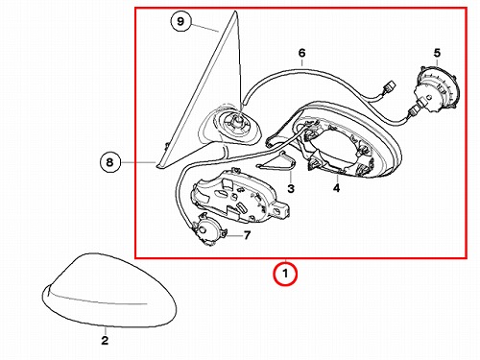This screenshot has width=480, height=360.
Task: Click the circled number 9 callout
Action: [x=180, y=21]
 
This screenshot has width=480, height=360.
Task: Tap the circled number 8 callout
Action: [x=109, y=162]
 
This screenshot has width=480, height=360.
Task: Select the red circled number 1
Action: [x=285, y=274]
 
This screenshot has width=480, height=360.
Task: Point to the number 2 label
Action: [x=105, y=341]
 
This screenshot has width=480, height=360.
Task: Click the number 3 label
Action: [x=291, y=188]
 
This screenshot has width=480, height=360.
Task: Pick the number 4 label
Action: [x=336, y=188]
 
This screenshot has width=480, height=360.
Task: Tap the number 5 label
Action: [x=437, y=53]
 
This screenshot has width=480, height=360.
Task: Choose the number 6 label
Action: [x=301, y=53]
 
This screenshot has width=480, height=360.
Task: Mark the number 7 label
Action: [x=247, y=235]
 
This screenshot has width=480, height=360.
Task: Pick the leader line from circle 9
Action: [x=205, y=28]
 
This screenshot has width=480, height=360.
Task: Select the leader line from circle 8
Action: [x=138, y=162]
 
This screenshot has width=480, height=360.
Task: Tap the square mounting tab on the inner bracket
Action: [x=282, y=209]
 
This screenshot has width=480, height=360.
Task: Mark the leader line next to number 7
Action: [x=235, y=236]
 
